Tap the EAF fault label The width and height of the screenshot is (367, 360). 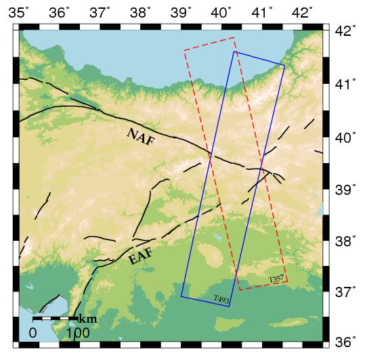[140, 256]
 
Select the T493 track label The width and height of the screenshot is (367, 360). [221, 299]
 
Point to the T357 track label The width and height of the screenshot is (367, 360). [276, 279]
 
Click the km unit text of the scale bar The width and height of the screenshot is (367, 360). [87, 319]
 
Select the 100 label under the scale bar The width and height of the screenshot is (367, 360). [78, 333]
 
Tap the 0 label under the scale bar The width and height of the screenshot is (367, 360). [33, 333]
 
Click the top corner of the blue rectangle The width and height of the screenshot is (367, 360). [234, 51]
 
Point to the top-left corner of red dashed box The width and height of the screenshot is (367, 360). [184, 51]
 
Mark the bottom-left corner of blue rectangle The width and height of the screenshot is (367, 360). [181, 296]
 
